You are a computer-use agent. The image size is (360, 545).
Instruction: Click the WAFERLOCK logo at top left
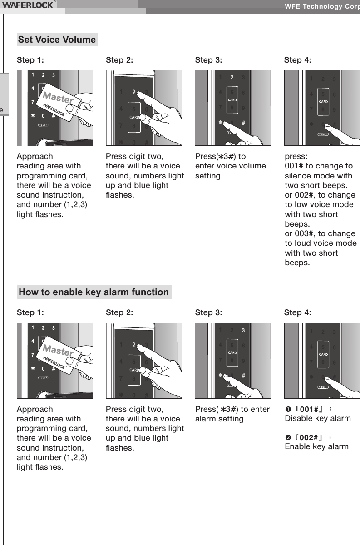[x=28, y=5]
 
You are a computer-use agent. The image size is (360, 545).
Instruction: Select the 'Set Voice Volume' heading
[x=57, y=40]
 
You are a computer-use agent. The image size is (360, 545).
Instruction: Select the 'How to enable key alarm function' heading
[x=94, y=292]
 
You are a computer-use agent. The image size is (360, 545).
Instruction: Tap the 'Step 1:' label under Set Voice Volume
[x=30, y=59]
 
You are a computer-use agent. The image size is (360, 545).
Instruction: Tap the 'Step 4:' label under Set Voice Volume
[x=297, y=59]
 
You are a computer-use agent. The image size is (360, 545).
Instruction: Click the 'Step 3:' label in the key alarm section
[x=208, y=312]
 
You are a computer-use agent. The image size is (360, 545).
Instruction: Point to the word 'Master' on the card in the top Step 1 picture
[x=58, y=98]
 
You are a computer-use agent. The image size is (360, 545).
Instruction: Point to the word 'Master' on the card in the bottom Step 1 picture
[x=58, y=351]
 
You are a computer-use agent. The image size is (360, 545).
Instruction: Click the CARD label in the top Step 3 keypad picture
[x=232, y=99]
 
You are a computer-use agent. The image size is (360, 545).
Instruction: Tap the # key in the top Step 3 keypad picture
[x=243, y=123]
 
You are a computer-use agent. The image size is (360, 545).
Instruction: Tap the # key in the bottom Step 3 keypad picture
[x=243, y=376]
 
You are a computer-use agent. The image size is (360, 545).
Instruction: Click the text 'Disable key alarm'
[x=317, y=418]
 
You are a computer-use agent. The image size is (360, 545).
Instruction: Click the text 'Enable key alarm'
[x=316, y=446]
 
